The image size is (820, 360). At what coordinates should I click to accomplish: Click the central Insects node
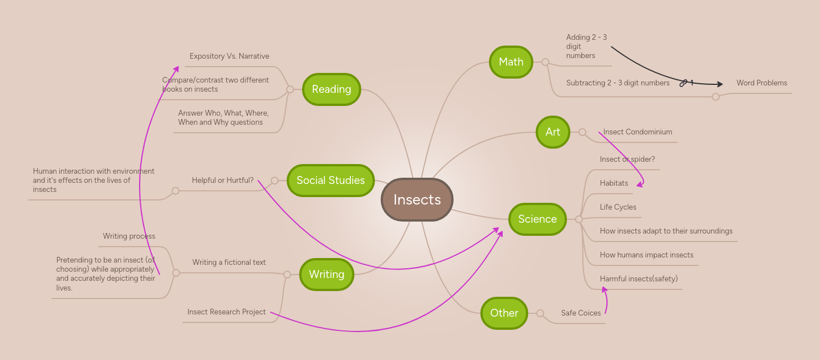pyautogui.click(x=417, y=199)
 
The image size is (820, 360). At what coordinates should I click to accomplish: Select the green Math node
pyautogui.click(x=511, y=62)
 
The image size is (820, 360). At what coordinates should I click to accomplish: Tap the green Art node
pyautogui.click(x=553, y=132)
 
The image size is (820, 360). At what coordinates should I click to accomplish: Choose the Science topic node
pyautogui.click(x=537, y=219)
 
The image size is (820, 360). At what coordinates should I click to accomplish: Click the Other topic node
pyautogui.click(x=504, y=313)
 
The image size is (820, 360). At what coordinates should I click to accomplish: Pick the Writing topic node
pyautogui.click(x=326, y=274)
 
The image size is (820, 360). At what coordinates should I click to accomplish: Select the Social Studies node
pyautogui.click(x=331, y=180)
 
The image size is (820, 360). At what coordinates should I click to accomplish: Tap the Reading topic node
pyautogui.click(x=331, y=89)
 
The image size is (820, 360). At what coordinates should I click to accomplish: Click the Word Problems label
pyautogui.click(x=761, y=83)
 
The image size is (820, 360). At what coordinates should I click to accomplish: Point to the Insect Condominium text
pyautogui.click(x=638, y=132)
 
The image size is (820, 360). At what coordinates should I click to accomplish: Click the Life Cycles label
pyautogui.click(x=618, y=207)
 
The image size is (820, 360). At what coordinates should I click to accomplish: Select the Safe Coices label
pyautogui.click(x=581, y=313)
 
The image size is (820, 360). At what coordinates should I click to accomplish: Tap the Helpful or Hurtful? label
pyautogui.click(x=222, y=180)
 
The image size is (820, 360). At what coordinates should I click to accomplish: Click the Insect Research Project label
pyautogui.click(x=226, y=312)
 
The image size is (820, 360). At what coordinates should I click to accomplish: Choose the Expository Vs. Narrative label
pyautogui.click(x=229, y=56)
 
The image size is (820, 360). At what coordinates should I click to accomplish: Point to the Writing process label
pyautogui.click(x=129, y=236)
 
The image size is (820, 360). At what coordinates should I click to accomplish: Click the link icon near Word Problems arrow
pyautogui.click(x=683, y=83)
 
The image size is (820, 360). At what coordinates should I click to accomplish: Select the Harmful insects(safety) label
pyautogui.click(x=638, y=279)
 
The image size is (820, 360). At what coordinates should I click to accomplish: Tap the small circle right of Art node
pyautogui.click(x=582, y=132)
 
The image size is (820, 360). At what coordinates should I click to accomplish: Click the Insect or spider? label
pyautogui.click(x=627, y=159)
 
